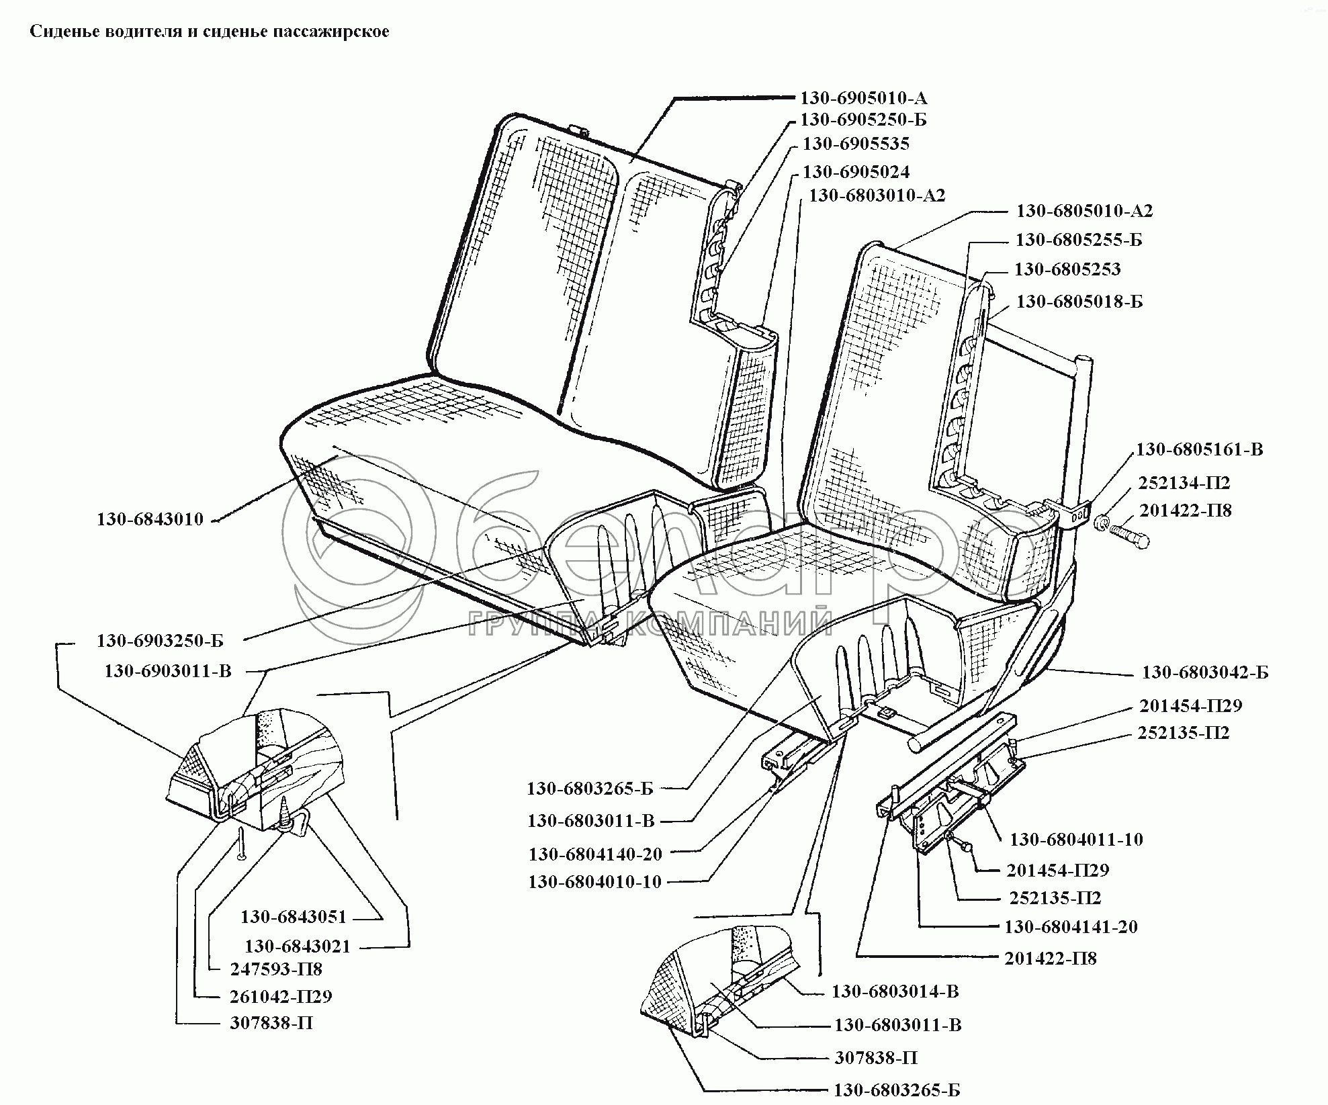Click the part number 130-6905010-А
point(863,98)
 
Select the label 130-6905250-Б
point(863,120)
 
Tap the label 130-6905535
point(856,144)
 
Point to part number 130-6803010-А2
point(877,195)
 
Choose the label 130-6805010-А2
point(1084,211)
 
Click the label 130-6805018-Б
point(1079,302)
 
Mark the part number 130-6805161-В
point(1199,449)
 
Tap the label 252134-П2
point(1184,483)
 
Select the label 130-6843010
point(150,519)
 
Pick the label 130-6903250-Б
point(160,641)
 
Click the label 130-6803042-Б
point(1205,672)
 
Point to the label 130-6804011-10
point(1076,840)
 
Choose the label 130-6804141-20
point(1071,927)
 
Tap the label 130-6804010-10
point(595,882)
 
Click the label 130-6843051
point(294,917)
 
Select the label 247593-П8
point(276,969)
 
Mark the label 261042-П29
point(281,996)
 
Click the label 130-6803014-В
point(895,991)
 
